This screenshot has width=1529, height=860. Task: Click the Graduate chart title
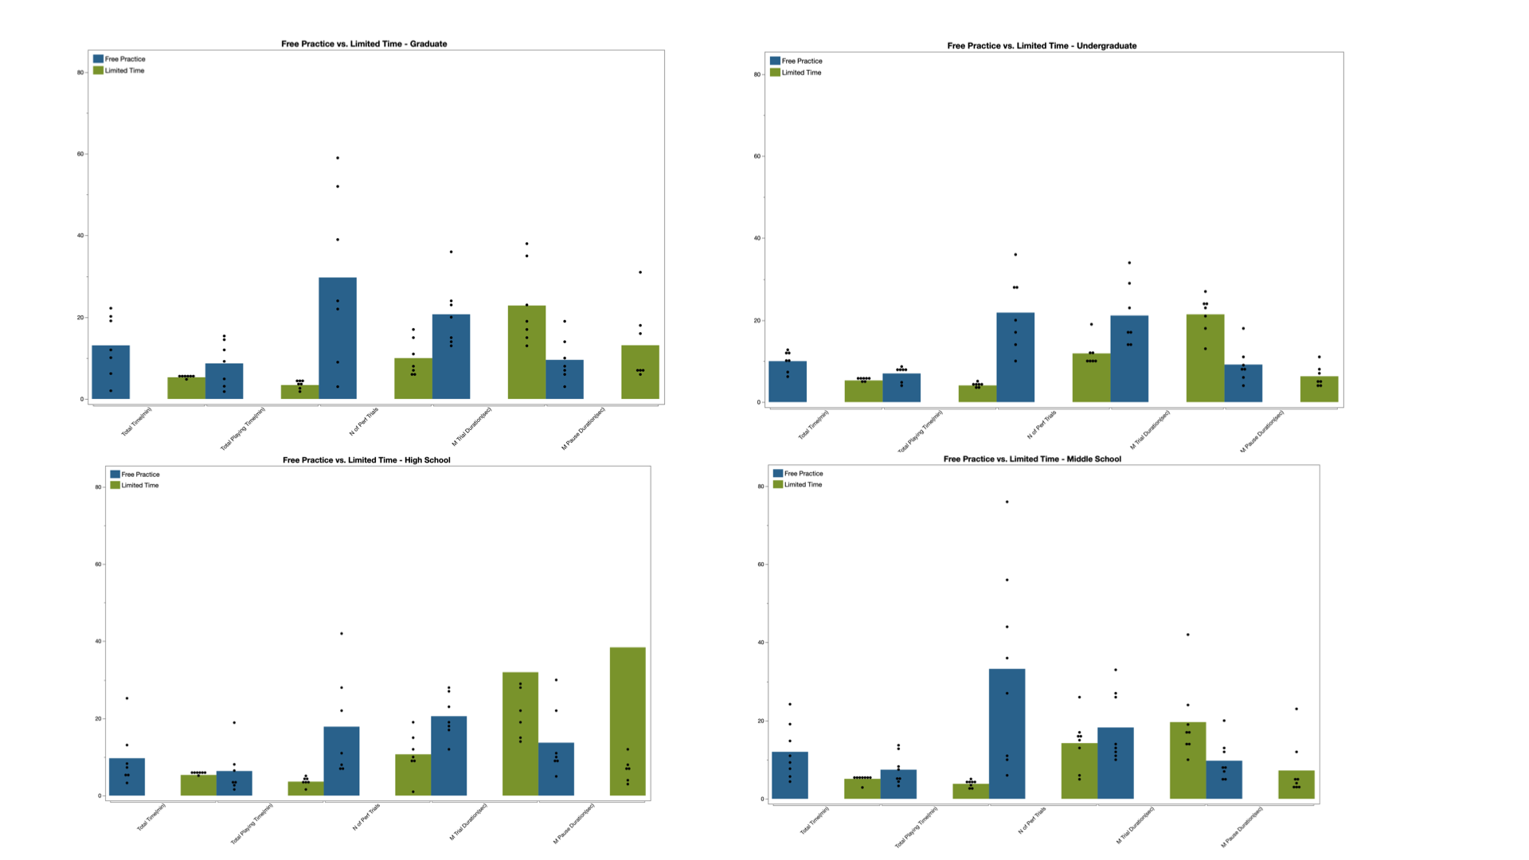364,44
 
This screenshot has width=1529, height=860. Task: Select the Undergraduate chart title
1042,45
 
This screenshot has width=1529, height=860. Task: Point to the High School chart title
366,459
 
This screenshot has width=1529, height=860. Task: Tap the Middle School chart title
1032,459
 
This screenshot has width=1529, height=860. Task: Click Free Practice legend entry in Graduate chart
119,59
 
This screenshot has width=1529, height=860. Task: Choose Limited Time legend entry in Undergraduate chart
796,72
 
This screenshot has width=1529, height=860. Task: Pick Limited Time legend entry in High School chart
135,485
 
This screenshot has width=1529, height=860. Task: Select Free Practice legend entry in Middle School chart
798,473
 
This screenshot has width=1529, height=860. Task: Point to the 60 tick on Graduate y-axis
80,154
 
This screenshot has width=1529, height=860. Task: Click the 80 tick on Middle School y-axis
761,487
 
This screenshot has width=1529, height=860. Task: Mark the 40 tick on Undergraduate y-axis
757,238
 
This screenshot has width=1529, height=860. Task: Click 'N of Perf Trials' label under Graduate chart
364,421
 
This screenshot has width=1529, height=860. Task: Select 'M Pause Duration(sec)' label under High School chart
574,823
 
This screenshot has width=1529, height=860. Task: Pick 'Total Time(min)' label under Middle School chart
815,820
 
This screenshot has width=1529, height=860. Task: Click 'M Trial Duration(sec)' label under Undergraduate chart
1150,429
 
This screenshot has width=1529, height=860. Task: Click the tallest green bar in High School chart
628,721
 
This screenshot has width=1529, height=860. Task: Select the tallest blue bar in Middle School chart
1007,733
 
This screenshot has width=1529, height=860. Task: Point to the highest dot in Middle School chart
1007,502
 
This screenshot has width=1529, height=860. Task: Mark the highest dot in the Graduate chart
338,158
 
